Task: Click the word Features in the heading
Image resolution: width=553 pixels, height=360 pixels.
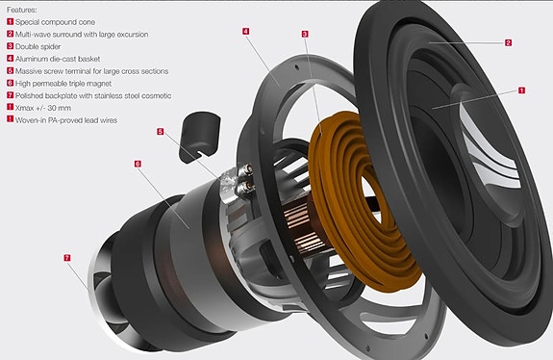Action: coord(21,10)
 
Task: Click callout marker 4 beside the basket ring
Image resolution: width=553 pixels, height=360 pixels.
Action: coord(246,31)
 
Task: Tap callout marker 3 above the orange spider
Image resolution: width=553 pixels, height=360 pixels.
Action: coord(305,34)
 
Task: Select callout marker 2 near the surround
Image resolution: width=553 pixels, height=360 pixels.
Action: coord(508,42)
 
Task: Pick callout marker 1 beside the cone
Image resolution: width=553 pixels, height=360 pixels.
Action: coord(521,90)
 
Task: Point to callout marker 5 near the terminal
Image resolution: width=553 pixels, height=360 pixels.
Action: coord(161,132)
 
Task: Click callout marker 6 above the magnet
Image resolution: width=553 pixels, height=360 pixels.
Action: coord(138,164)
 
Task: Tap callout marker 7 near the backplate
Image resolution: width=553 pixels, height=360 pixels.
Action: coord(67,258)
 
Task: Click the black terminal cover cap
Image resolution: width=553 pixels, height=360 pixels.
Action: coord(200,137)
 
